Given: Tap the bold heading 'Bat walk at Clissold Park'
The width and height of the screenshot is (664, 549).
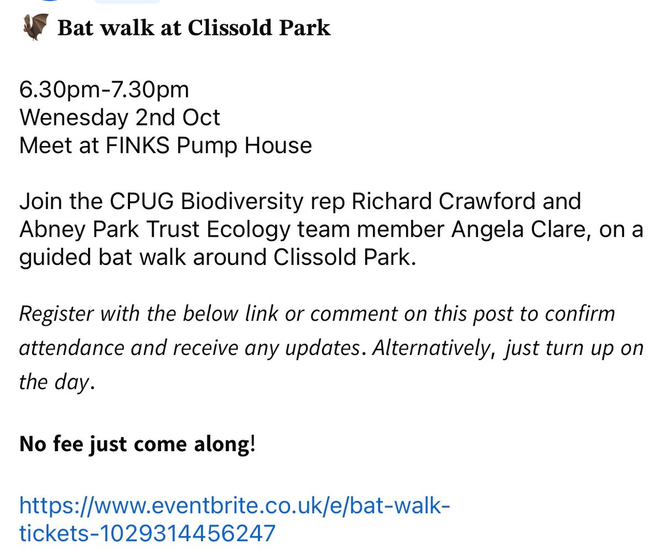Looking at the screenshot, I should pyautogui.click(x=194, y=28).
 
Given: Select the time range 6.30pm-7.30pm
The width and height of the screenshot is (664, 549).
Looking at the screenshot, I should pyautogui.click(x=104, y=90).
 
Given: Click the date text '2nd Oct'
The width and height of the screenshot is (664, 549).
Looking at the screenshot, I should pyautogui.click(x=177, y=118).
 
